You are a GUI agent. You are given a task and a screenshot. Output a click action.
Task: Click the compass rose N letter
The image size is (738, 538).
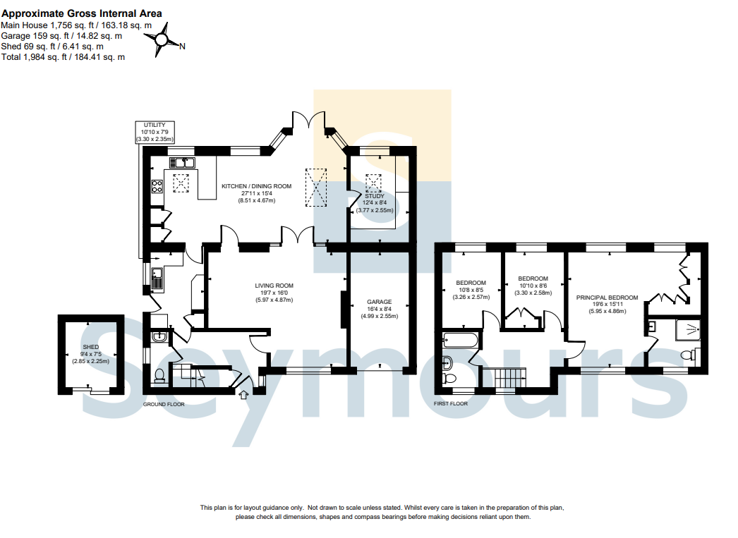(182, 46)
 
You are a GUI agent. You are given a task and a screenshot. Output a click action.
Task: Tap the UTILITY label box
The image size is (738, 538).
(155, 132)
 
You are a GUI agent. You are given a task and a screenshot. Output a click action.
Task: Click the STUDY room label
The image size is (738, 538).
(375, 196)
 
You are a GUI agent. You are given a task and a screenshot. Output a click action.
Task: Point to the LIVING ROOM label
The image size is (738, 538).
(274, 286)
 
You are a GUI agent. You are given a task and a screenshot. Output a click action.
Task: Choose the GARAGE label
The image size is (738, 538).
(380, 302)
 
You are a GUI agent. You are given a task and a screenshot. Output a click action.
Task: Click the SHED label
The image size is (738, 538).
(91, 347)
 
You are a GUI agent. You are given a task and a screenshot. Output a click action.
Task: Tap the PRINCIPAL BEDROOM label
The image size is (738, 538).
(607, 298)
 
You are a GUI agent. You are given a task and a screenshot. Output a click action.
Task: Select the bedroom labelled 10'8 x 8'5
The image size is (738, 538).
(471, 290)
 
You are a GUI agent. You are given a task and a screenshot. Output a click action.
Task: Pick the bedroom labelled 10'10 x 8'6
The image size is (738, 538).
(533, 286)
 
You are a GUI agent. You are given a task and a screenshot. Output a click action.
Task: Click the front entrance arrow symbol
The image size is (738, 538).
(244, 395)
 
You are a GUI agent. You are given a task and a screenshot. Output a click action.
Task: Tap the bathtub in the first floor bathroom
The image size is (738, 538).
(460, 340)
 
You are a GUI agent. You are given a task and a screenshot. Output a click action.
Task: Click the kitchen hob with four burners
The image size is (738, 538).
(157, 186)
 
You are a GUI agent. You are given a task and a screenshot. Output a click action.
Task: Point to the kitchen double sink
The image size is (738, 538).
(182, 163)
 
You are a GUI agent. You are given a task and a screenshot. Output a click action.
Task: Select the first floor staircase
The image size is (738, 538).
(510, 378)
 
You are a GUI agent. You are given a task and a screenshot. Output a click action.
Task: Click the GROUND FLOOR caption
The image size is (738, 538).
(164, 405)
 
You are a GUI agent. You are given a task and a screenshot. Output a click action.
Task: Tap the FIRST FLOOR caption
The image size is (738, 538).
(451, 403)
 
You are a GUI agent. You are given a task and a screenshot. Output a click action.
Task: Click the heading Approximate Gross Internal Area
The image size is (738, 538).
(82, 13)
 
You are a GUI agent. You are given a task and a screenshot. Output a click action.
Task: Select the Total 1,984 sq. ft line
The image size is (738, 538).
(63, 57)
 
